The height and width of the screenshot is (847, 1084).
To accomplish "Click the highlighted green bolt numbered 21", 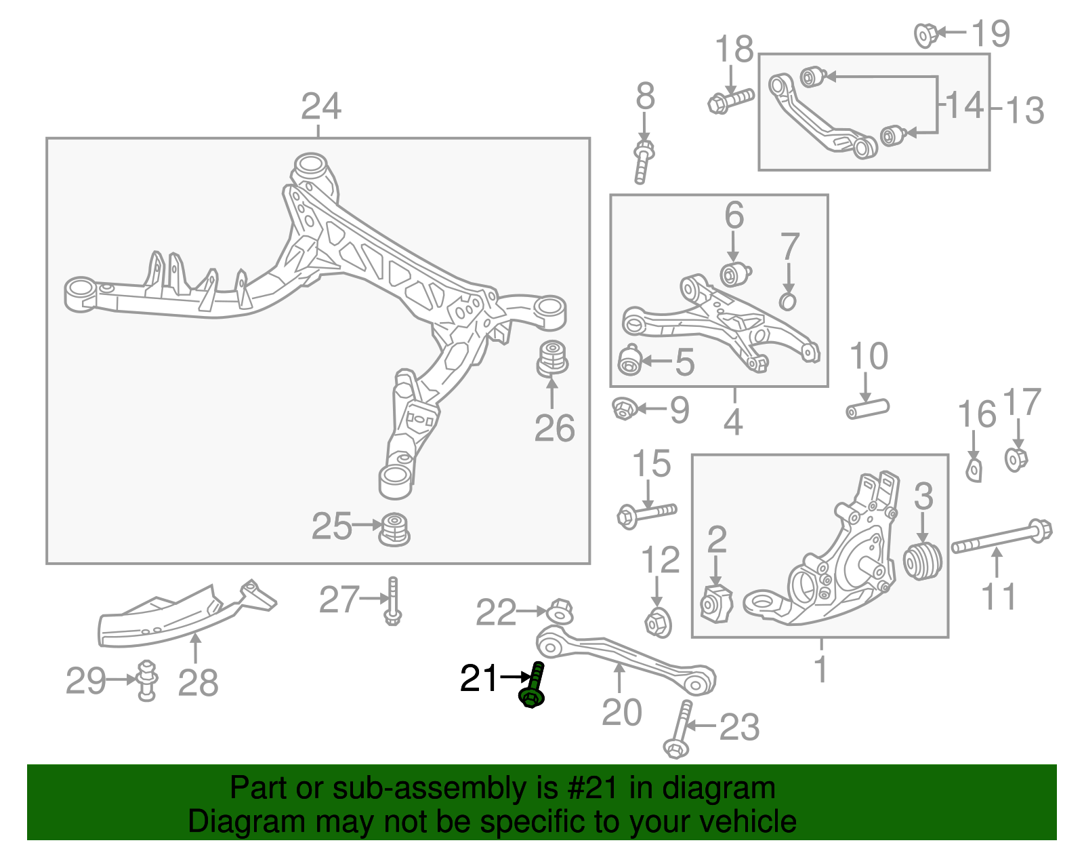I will tap(533, 686).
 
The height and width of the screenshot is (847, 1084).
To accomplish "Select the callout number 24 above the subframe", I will tap(321, 106).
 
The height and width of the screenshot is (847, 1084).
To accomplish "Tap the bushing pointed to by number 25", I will tap(394, 529).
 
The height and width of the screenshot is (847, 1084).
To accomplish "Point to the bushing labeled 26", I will tap(552, 359).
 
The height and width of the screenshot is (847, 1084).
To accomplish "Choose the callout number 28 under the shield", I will tap(198, 682).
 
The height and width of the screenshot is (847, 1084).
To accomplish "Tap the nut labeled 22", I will tap(560, 610).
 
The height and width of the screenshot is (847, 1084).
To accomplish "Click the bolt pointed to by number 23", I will tap(679, 730).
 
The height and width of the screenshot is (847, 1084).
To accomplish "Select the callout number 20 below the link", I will tap(621, 712).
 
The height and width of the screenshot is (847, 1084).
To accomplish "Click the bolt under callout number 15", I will tap(646, 513).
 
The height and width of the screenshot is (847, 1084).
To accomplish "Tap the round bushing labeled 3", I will tap(923, 561).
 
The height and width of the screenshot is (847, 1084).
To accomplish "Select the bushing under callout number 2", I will tap(716, 604).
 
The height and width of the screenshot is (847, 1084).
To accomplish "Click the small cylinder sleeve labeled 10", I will tap(867, 409).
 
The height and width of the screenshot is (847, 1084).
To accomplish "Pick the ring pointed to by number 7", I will tap(787, 300).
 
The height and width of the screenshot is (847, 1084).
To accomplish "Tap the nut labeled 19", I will tap(926, 34).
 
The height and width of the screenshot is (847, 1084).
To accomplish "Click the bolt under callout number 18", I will tap(730, 100).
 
